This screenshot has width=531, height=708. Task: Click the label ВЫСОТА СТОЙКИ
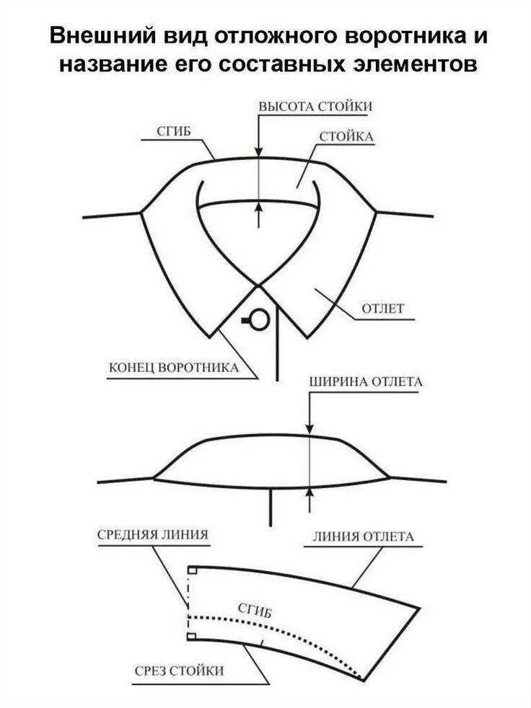[x=315, y=106]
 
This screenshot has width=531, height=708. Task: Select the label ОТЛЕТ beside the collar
[x=382, y=309]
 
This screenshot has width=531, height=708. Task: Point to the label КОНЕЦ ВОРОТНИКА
[x=173, y=368]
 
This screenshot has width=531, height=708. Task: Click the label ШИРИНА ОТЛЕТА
[x=365, y=381]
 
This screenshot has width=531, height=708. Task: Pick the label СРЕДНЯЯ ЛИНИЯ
[x=153, y=535]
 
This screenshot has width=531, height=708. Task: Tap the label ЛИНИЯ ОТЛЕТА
[x=363, y=536]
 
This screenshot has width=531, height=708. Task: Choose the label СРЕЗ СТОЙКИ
[x=180, y=671]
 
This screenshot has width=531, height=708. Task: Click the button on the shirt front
[x=258, y=318]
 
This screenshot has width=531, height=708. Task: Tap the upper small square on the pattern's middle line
[x=193, y=570]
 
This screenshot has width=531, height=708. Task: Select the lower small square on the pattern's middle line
[x=193, y=637]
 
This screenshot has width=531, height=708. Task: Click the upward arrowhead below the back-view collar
[x=310, y=492]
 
